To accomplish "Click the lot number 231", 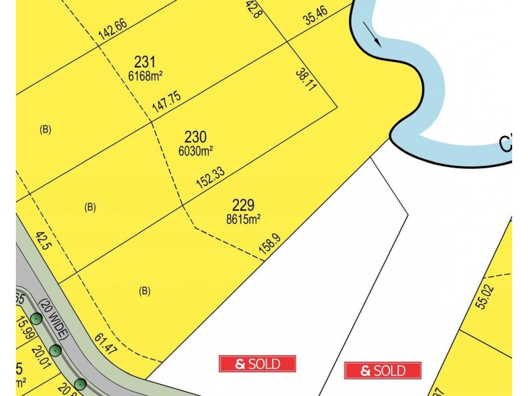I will coord(145,63).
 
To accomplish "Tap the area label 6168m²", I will coord(145,76).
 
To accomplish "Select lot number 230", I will coord(195,137).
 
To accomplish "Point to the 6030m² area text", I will coord(195,150).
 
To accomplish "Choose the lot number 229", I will coord(244,205).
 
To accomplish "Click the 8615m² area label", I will coord(244,219).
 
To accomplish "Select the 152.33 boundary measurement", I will coord(211,176).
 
